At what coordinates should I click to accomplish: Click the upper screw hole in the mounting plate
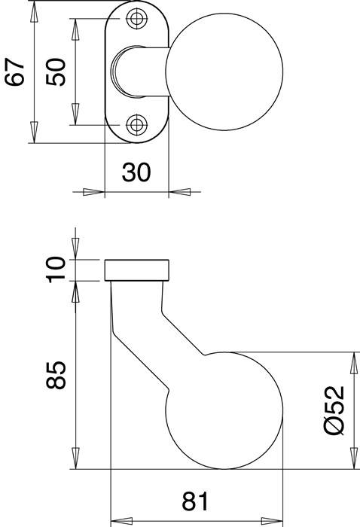pyautogui.click(x=136, y=19)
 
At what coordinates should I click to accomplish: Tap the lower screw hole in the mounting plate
pyautogui.click(x=136, y=124)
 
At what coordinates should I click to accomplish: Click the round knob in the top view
pyautogui.click(x=226, y=72)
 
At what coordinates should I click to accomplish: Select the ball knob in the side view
pyautogui.click(x=224, y=410)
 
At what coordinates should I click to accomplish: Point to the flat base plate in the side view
pyautogui.click(x=136, y=270)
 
